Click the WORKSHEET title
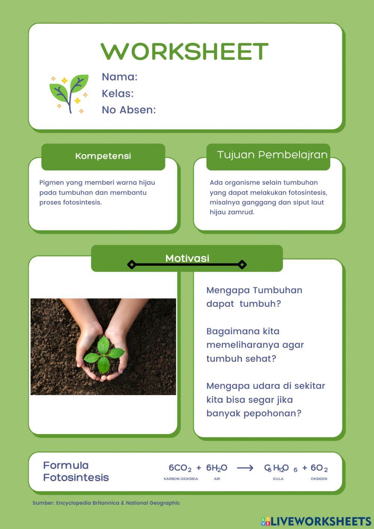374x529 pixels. click(184, 51)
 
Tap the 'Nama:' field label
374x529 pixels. click(120, 77)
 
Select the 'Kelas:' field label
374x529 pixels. click(117, 94)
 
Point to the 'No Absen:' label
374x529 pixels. click(129, 110)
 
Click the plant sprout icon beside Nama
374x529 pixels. click(69, 94)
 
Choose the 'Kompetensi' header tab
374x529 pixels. click(103, 156)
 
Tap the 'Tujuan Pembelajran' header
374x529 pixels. click(272, 155)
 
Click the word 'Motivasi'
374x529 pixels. click(187, 259)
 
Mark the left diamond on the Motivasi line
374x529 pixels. click(132, 264)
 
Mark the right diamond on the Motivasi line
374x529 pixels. click(242, 264)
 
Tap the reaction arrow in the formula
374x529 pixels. click(245, 468)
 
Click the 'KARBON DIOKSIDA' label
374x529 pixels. click(181, 479)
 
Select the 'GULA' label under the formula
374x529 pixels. click(278, 479)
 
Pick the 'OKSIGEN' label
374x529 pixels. click(319, 479)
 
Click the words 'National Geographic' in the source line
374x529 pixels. click(153, 503)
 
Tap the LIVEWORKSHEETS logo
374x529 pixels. click(316, 522)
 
